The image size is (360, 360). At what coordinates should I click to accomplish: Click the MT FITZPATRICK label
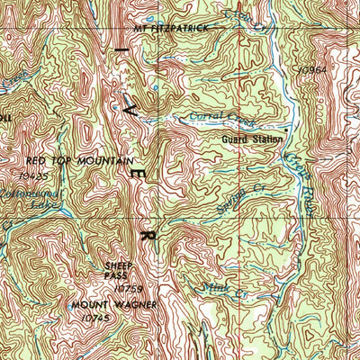click(x=170, y=28)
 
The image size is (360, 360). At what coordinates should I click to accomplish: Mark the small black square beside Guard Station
click(x=286, y=130)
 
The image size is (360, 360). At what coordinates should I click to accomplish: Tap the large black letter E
click(x=138, y=170)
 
